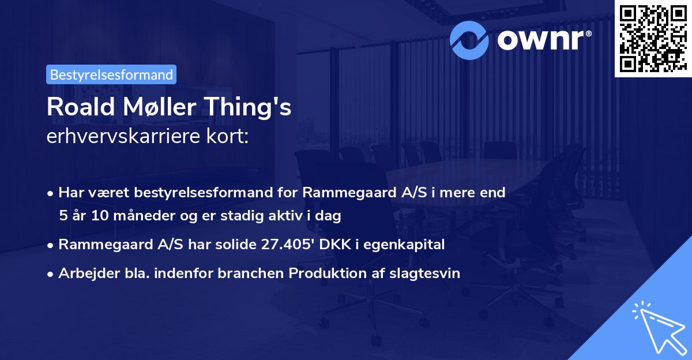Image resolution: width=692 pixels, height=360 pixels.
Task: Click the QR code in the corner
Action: click(653, 39)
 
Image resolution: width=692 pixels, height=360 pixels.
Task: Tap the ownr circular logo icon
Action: click(469, 40)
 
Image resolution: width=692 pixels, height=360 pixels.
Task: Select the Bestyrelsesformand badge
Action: click(111, 74)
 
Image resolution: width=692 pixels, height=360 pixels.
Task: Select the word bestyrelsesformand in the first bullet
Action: click(183, 193)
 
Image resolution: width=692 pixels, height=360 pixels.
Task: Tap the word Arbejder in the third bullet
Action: click(84, 273)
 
